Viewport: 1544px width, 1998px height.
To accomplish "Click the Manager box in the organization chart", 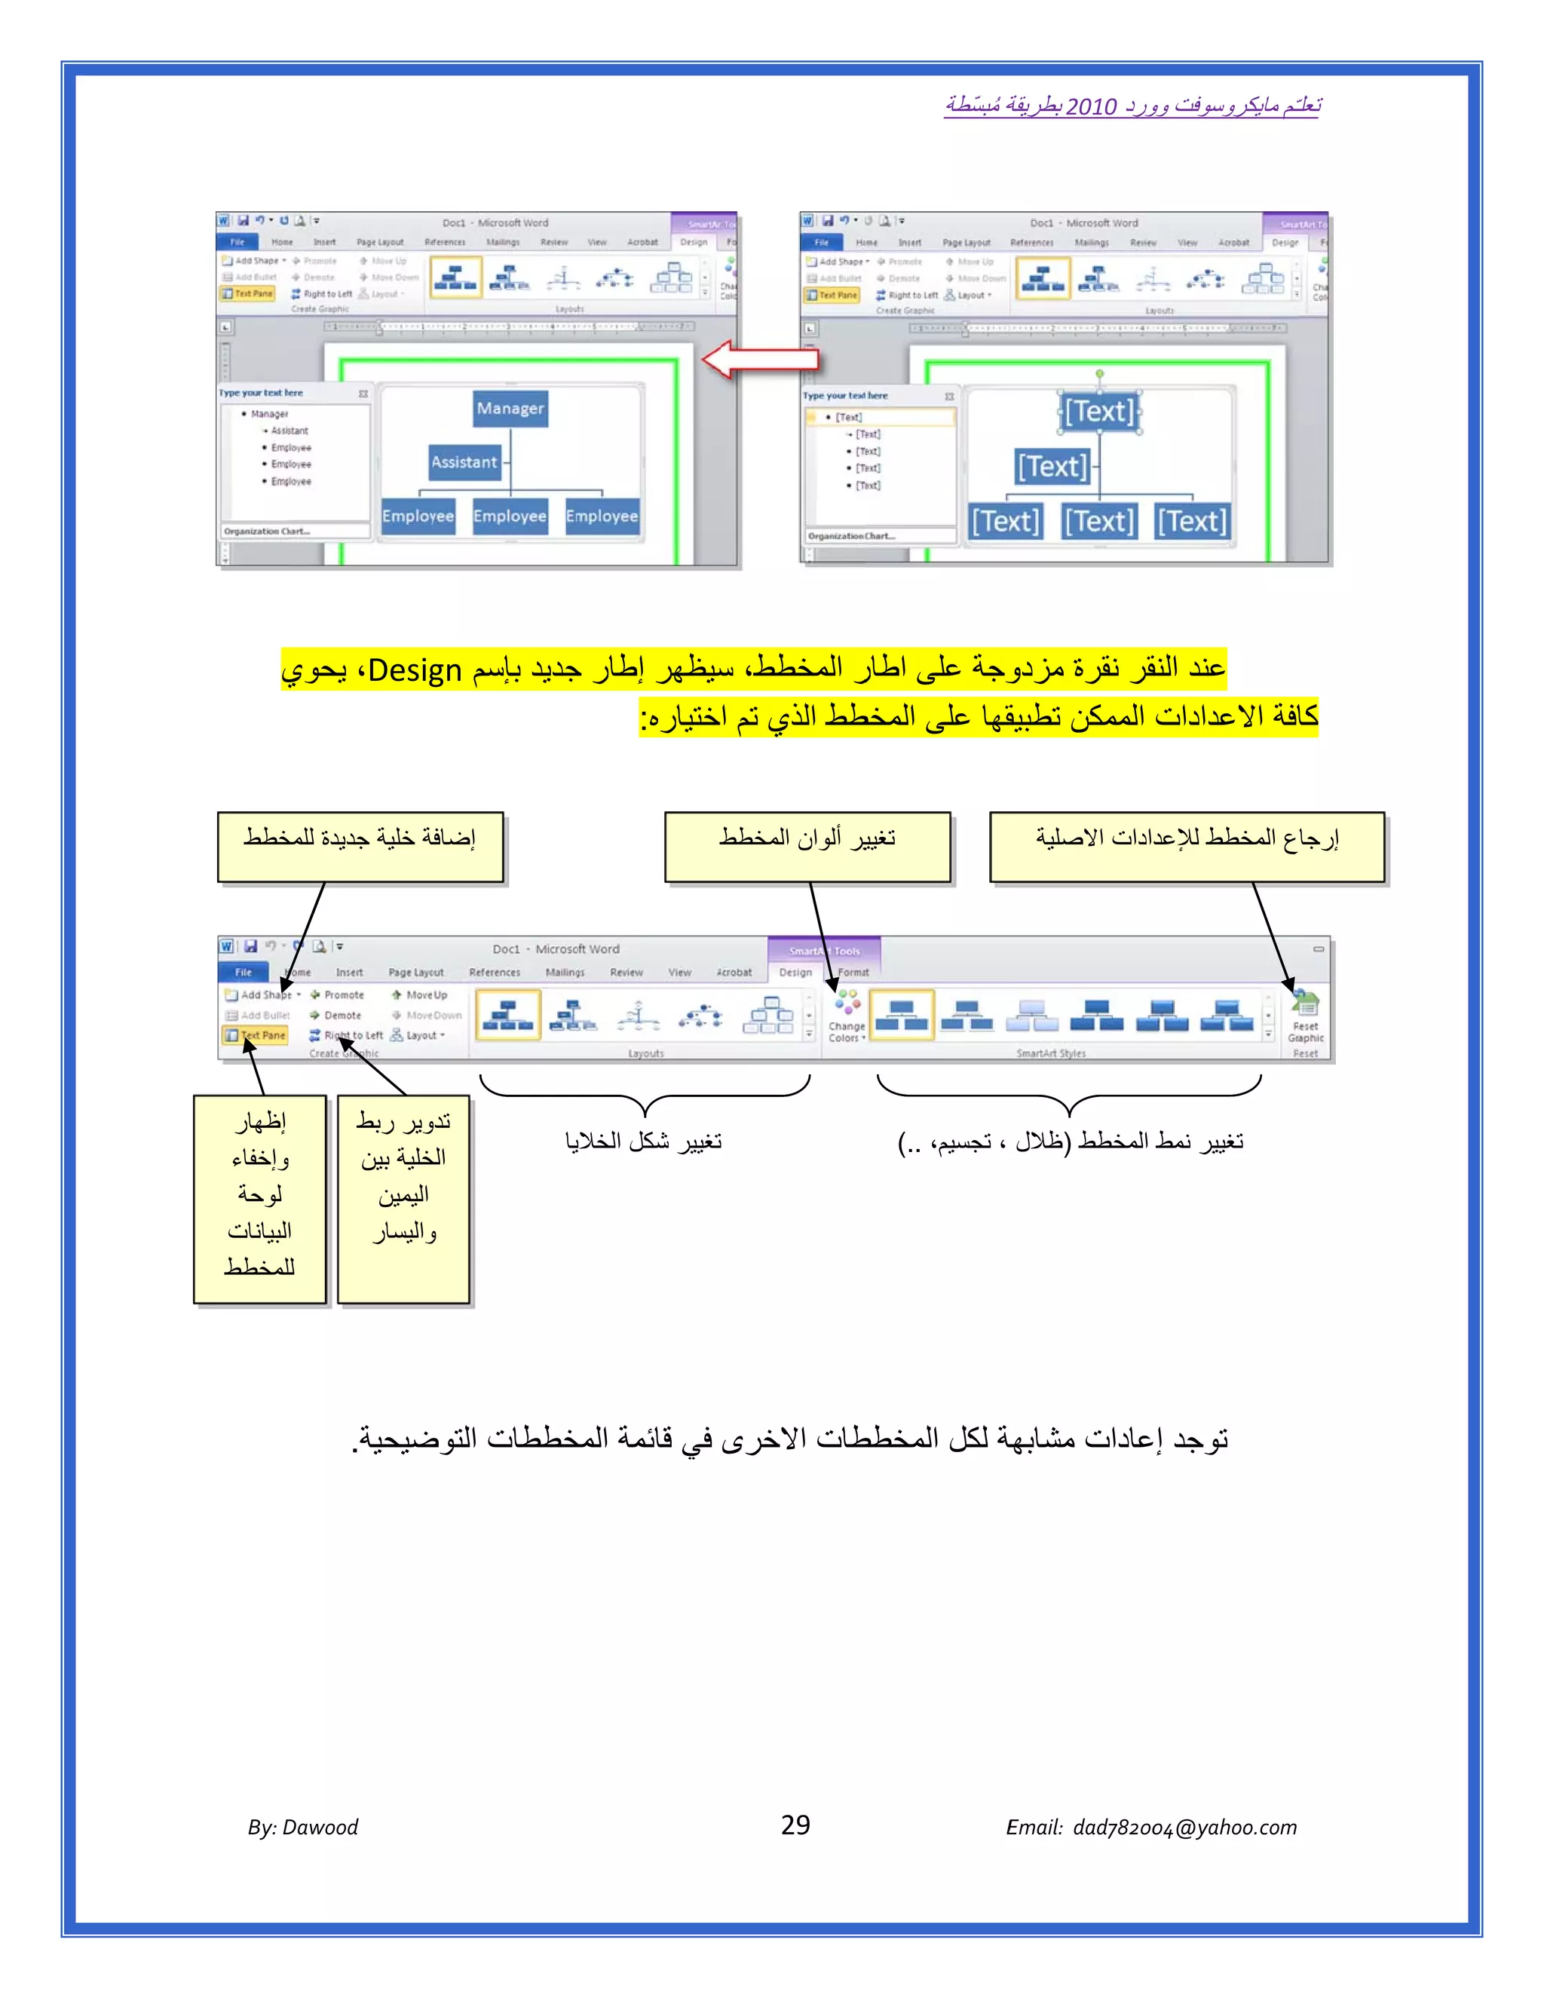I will coord(510,409).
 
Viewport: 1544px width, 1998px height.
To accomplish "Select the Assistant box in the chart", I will coord(464,462).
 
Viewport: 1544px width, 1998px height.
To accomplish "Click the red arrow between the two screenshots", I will coord(759,359).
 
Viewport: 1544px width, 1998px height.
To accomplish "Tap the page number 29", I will coord(795,1825).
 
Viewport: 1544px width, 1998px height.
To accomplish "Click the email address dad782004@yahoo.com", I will coord(1184,1827).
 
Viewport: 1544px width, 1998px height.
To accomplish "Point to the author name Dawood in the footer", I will coord(320,1827).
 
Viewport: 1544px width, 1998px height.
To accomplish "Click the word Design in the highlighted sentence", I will coord(415,670).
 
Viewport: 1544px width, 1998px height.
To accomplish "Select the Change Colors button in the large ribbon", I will coord(847,1016).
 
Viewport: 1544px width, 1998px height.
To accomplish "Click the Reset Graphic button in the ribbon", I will coord(1305,1017).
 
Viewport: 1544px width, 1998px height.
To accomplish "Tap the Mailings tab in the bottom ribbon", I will coord(565,973).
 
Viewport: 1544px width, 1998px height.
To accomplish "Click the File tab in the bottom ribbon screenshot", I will coord(244,973).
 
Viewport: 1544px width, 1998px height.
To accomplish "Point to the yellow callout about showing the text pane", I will coord(260,1199).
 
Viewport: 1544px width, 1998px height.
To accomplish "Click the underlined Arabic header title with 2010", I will coord(1132,106).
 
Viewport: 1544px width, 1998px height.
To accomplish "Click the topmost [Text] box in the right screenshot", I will coord(1099,412).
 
